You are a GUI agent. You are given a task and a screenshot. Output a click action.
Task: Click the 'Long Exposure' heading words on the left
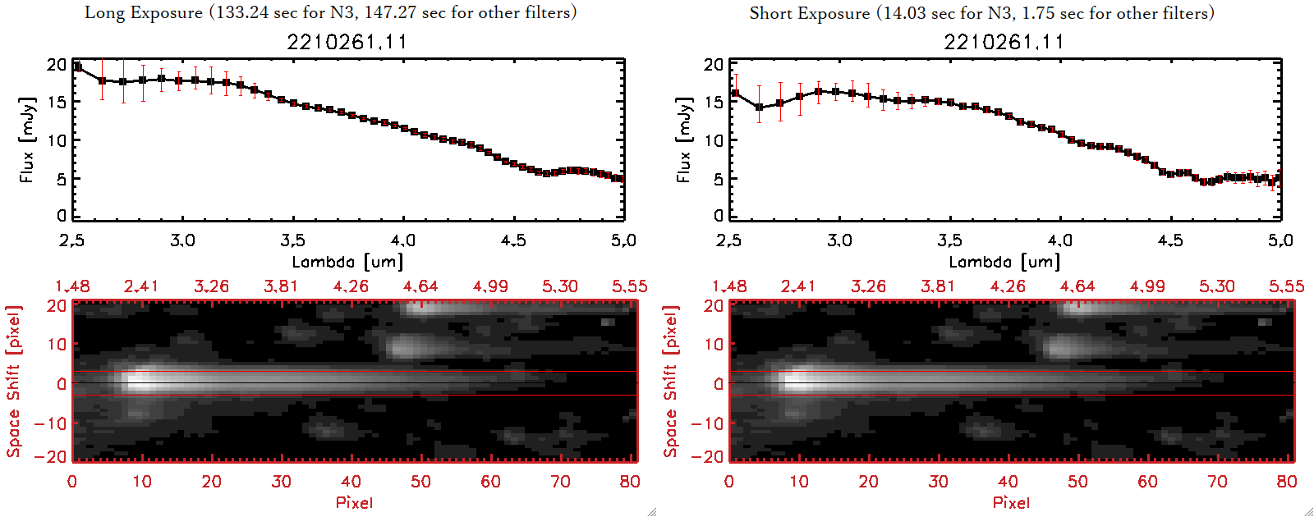tap(144, 12)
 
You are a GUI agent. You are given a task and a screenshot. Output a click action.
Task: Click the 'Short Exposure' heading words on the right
tap(809, 13)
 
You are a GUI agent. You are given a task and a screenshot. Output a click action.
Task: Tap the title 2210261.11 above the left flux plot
tap(347, 42)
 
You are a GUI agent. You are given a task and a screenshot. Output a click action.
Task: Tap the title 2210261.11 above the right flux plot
tap(1004, 42)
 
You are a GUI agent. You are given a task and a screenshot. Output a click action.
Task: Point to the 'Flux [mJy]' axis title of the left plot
tap(27, 140)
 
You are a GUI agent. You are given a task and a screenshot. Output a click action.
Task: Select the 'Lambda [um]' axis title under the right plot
tap(1004, 262)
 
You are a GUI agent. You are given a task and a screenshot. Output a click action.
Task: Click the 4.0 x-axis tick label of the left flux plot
tap(403, 240)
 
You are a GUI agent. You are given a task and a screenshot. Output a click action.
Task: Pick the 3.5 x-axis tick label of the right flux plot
tap(949, 240)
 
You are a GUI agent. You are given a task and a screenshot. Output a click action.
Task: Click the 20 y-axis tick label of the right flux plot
tap(713, 65)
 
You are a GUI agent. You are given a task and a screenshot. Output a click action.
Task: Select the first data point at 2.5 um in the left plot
tap(78, 67)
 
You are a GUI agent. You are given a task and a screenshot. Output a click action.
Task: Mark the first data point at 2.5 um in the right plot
tap(735, 94)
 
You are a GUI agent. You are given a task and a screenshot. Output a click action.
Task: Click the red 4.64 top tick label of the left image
tap(420, 286)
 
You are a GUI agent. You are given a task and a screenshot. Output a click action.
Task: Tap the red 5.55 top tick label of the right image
tap(1286, 286)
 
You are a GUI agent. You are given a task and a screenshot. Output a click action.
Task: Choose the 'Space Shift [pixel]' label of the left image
tap(13, 382)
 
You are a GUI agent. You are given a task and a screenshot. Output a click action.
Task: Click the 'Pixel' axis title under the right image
tap(1011, 502)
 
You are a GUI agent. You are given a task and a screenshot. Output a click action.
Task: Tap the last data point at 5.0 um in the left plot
tap(620, 179)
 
